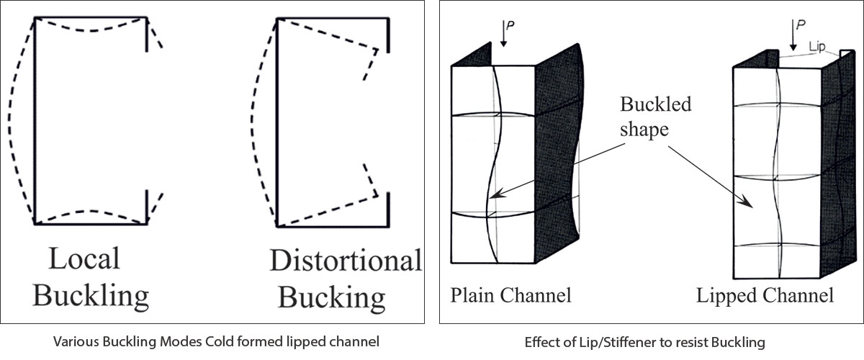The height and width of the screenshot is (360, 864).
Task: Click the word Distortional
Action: point(346,261)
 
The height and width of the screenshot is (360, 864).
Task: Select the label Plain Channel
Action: point(511,295)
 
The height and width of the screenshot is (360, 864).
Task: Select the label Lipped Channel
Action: point(765,295)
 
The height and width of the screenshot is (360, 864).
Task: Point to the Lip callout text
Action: point(817,47)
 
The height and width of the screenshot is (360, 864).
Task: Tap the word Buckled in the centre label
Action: point(655,104)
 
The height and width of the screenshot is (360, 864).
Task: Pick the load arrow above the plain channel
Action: point(503,35)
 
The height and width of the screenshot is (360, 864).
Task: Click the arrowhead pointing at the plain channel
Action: point(493,194)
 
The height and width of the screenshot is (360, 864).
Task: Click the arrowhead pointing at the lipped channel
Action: point(751,205)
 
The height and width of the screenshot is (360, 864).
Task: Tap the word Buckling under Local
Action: point(91,295)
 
